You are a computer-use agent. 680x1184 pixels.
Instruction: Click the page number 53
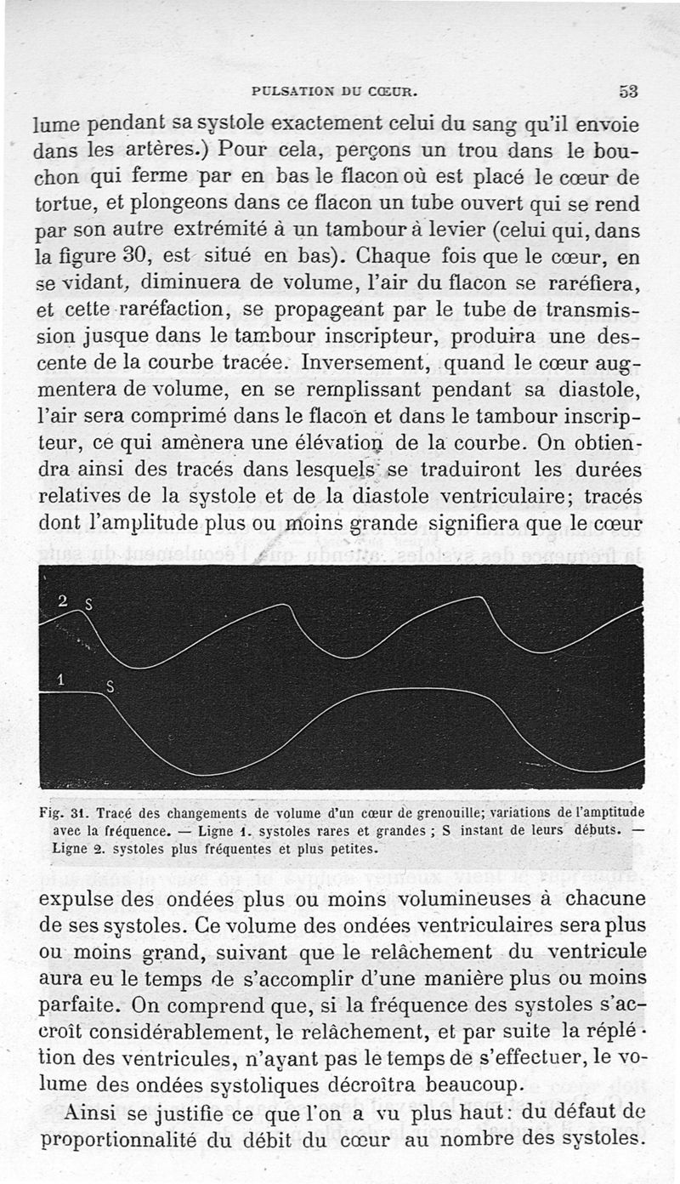tap(628, 91)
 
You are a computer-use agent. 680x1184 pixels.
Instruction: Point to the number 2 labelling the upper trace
tap(62, 601)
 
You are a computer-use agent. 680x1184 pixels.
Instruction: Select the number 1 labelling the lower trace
tap(60, 679)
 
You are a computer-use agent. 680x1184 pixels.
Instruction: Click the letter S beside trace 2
tap(88, 606)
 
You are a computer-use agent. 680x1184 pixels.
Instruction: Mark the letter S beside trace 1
tap(110, 686)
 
